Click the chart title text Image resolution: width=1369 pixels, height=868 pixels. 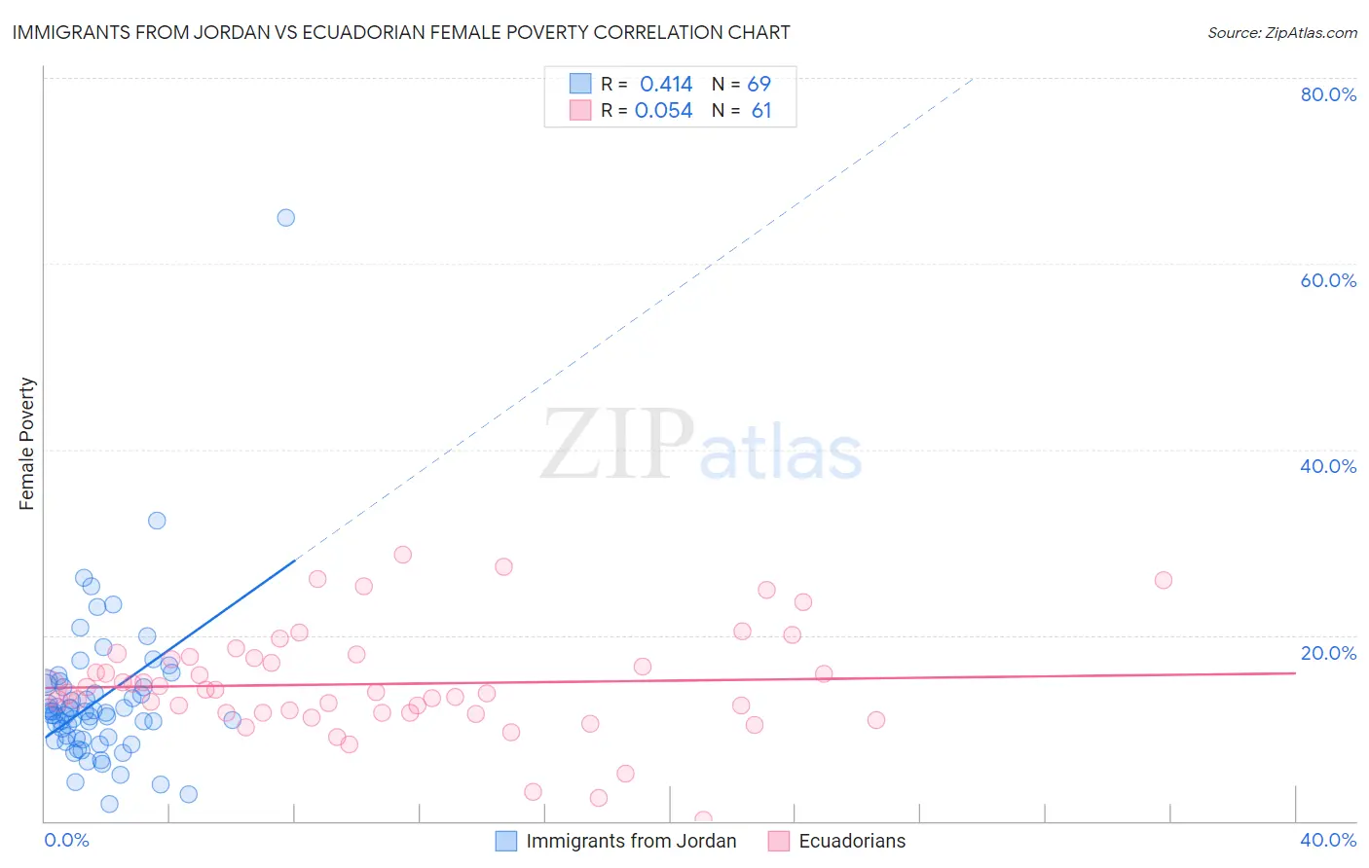400,32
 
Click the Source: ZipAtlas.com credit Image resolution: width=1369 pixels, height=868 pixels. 1281,33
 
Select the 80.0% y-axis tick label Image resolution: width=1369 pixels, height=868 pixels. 1328,94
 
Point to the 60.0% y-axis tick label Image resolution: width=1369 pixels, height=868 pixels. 1328,280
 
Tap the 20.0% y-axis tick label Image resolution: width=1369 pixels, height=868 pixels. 1328,653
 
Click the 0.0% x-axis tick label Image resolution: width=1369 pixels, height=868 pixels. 66,840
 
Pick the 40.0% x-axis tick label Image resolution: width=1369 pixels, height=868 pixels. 1328,840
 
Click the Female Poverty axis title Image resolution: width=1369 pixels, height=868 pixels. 27,444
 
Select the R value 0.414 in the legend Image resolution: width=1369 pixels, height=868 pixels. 666,85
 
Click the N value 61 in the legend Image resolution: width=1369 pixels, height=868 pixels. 760,111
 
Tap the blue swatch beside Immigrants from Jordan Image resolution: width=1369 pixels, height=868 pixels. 506,841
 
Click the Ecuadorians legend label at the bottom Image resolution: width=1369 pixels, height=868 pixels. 852,841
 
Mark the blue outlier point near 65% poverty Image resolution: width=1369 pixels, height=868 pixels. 285,218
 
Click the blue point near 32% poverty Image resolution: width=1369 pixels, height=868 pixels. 157,521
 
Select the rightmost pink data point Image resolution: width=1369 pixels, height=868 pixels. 1163,580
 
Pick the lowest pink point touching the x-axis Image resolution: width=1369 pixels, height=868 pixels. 703,819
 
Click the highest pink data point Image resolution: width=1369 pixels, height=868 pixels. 402,555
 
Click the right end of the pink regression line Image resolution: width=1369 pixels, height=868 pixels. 1294,672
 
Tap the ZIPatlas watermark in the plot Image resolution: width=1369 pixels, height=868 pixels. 701,446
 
